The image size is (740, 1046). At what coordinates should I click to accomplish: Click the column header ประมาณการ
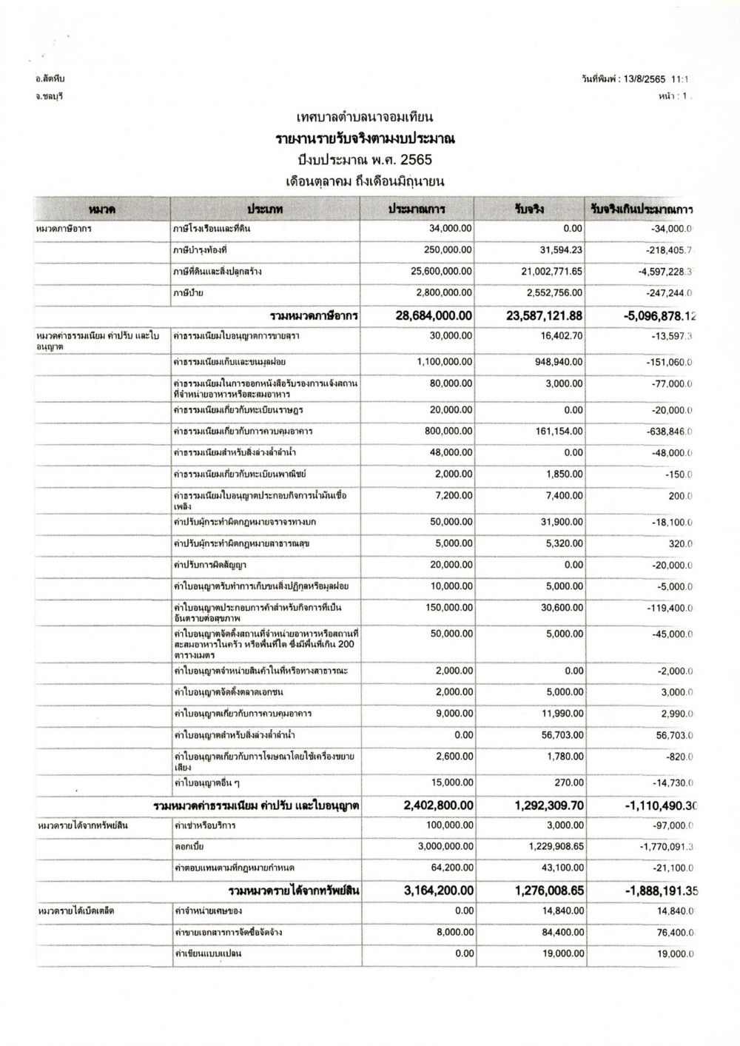(417, 209)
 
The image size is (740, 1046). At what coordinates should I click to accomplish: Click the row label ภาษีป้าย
(189, 293)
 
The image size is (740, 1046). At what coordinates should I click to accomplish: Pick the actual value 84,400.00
(562, 932)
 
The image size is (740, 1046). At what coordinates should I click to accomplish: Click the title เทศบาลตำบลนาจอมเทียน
(364, 118)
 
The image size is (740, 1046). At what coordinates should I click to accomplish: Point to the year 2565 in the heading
(417, 159)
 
